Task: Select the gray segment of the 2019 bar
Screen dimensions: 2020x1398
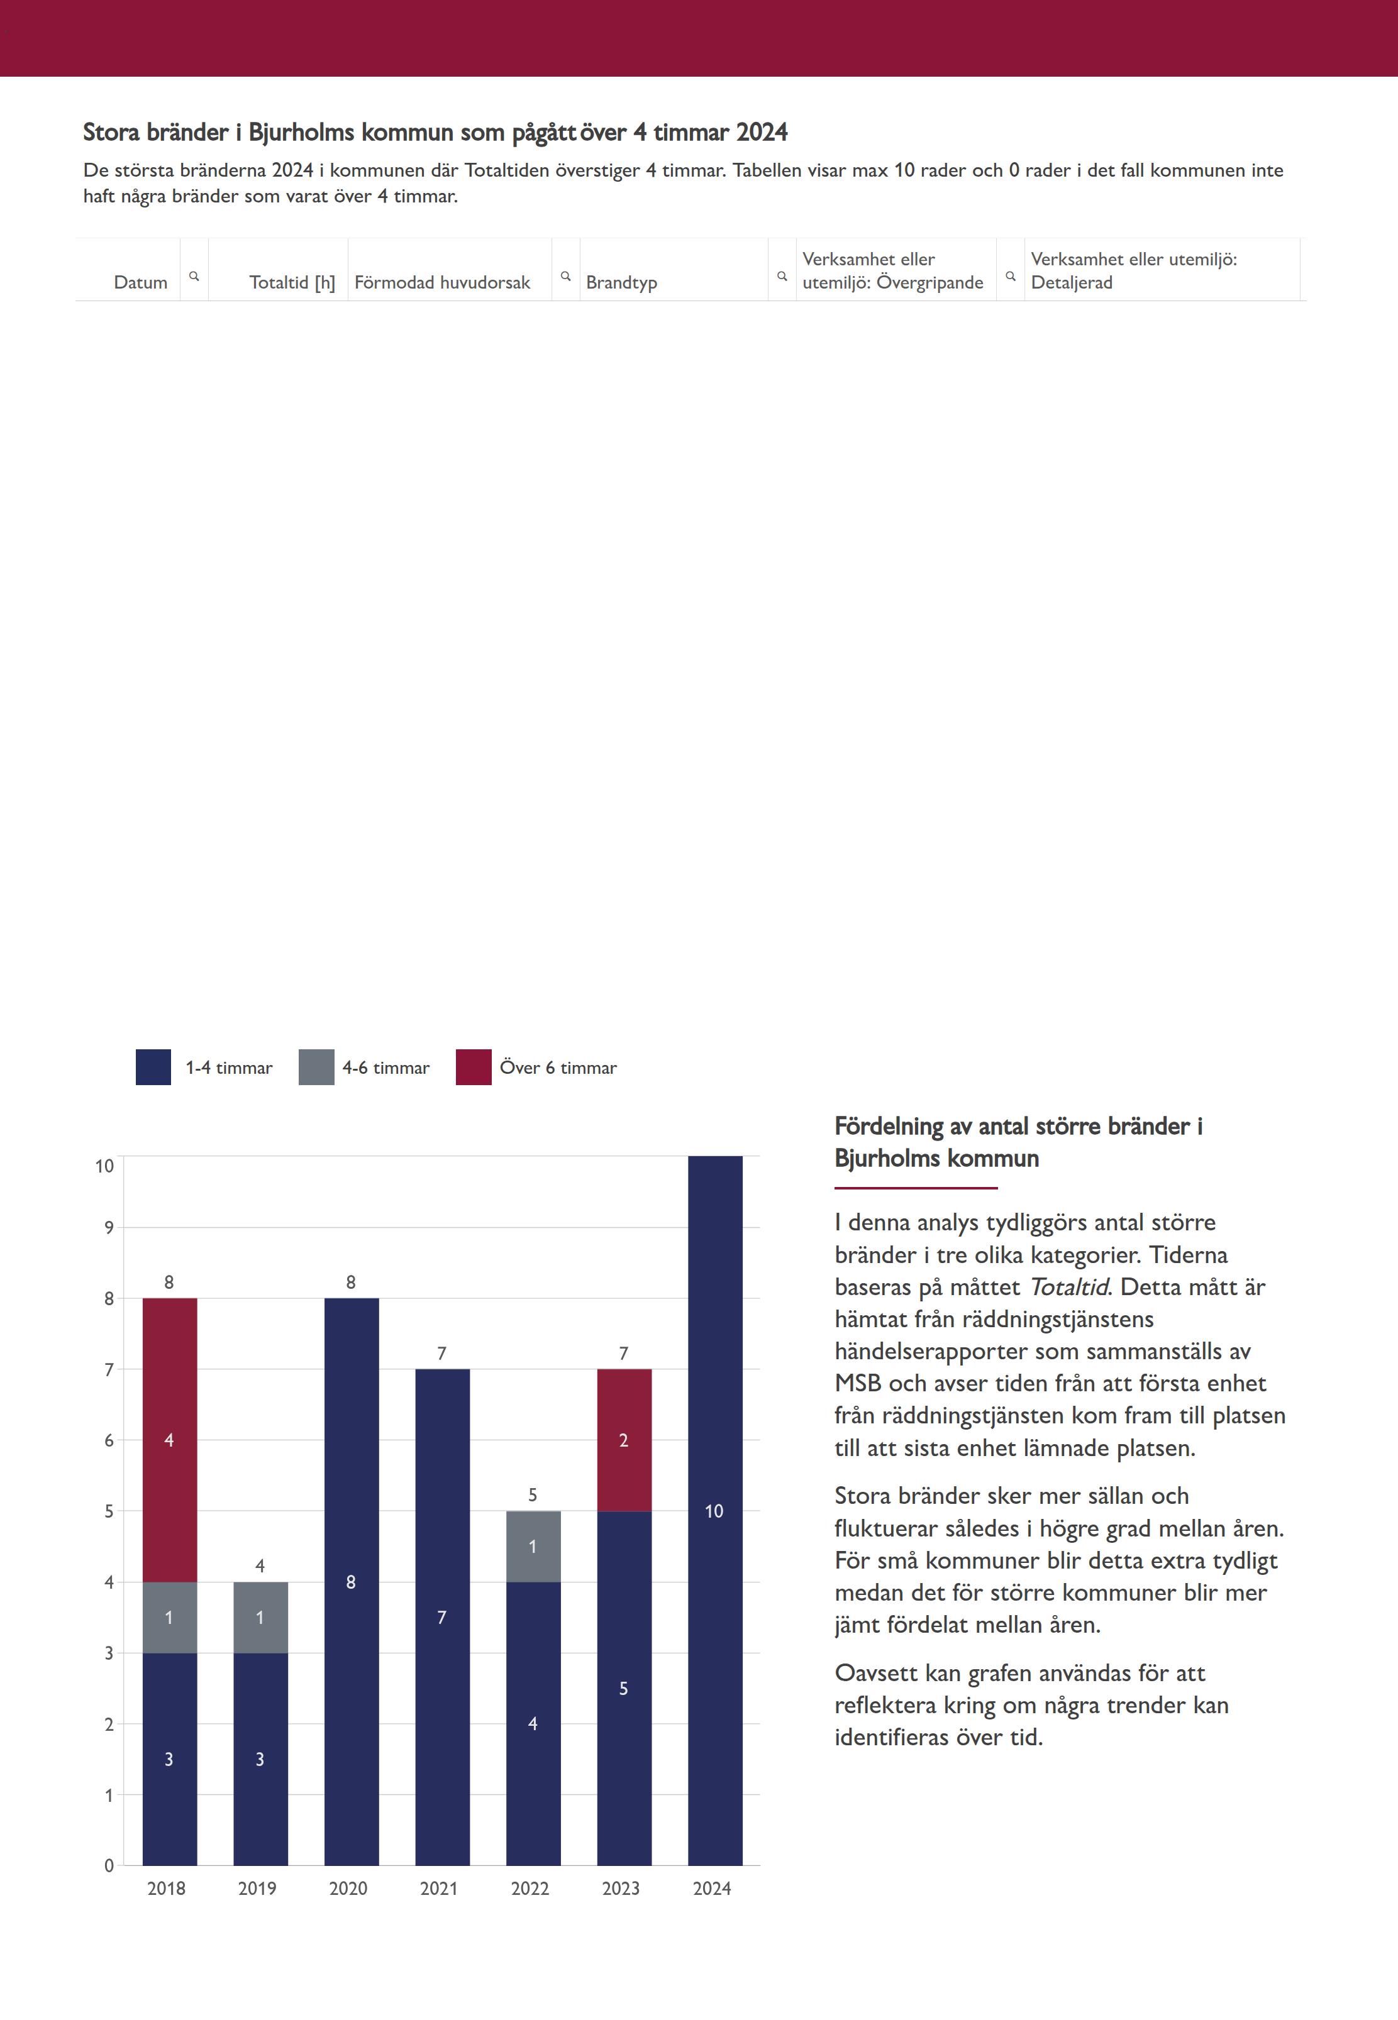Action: point(260,1617)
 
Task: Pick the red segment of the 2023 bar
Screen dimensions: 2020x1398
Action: point(624,1440)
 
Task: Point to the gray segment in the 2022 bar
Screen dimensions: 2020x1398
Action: point(533,1547)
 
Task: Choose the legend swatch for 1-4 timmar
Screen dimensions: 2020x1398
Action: point(153,1068)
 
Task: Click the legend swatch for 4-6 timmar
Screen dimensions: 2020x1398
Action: point(316,1068)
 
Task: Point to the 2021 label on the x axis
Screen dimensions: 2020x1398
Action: point(439,1888)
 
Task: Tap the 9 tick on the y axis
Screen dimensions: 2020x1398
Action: point(109,1228)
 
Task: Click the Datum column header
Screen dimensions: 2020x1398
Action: point(140,282)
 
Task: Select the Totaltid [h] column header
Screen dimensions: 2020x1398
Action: point(292,282)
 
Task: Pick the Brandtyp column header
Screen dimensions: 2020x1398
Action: point(621,282)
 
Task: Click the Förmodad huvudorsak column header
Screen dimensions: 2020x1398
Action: point(442,282)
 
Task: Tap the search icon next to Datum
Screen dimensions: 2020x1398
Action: point(194,276)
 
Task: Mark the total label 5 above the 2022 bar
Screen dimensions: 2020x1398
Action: point(533,1494)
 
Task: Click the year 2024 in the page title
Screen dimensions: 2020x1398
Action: point(761,132)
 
